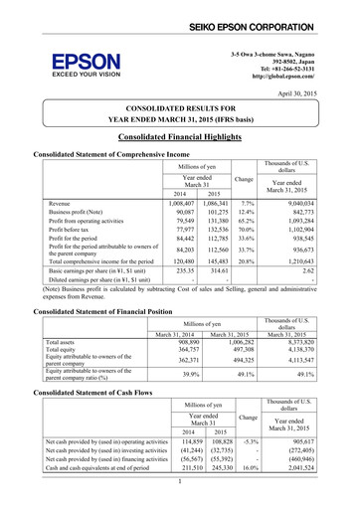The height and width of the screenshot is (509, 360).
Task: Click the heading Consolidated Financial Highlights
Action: (x=180, y=141)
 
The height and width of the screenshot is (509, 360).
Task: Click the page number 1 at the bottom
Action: (x=180, y=504)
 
